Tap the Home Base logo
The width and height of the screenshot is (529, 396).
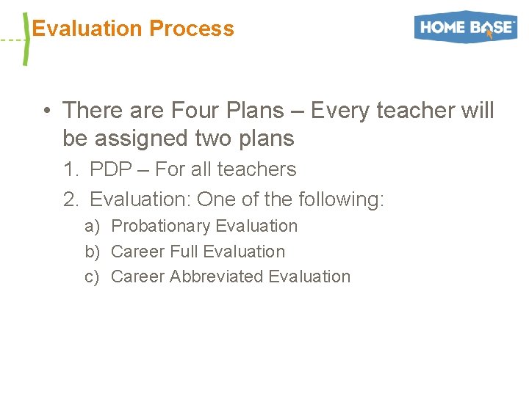point(466,28)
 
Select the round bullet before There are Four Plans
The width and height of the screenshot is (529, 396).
point(46,111)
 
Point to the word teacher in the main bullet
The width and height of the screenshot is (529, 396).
point(417,111)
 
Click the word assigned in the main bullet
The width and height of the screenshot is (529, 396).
point(140,138)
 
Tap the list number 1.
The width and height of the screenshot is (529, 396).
point(71,169)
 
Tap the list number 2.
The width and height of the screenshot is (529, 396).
point(71,199)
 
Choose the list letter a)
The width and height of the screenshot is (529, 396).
point(92,227)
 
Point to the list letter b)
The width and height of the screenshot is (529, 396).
point(92,252)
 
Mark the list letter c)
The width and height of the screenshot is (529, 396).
point(92,276)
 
